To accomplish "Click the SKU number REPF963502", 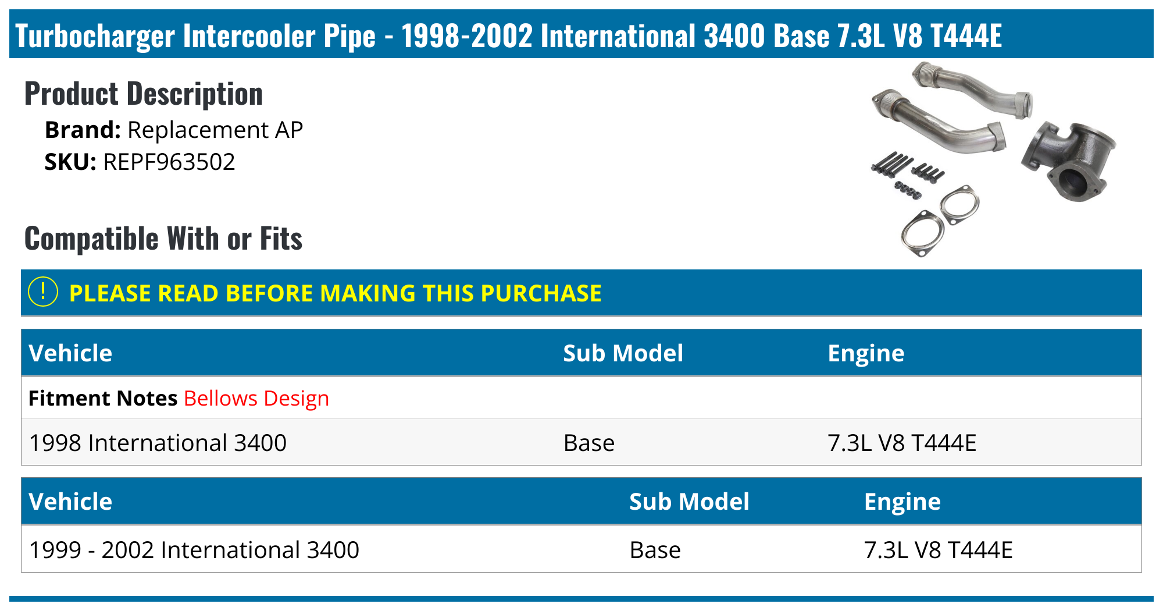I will point(169,162).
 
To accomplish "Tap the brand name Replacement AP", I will point(215,130).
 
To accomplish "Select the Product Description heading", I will point(144,94).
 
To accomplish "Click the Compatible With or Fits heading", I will point(163,239).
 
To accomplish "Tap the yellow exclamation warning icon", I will point(43,292).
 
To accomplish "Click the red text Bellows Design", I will point(256,399).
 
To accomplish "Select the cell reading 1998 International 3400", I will point(158,443).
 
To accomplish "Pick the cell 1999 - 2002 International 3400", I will point(194,550).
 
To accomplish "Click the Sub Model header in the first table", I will point(623,353).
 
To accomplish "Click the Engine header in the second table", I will point(902,502).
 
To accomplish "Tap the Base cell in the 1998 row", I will point(588,443).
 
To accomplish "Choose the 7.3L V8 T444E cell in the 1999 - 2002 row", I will point(938,550).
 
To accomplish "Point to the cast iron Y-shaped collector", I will point(1069,160).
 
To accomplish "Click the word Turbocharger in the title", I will point(95,35).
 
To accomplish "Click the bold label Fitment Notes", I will point(103,399).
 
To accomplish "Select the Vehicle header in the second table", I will point(70,502).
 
